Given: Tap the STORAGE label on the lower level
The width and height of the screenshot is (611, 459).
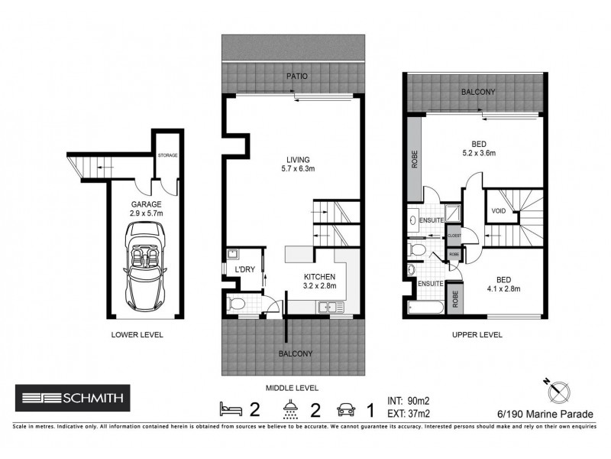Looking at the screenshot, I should [x=167, y=155].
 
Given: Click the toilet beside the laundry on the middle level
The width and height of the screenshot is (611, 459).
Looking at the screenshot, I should [x=237, y=304].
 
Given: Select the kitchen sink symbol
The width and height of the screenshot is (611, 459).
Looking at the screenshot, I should [x=331, y=308].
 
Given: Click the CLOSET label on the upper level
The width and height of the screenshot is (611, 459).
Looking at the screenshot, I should [x=454, y=236].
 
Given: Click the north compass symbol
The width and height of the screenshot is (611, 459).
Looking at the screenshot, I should [x=555, y=389].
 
